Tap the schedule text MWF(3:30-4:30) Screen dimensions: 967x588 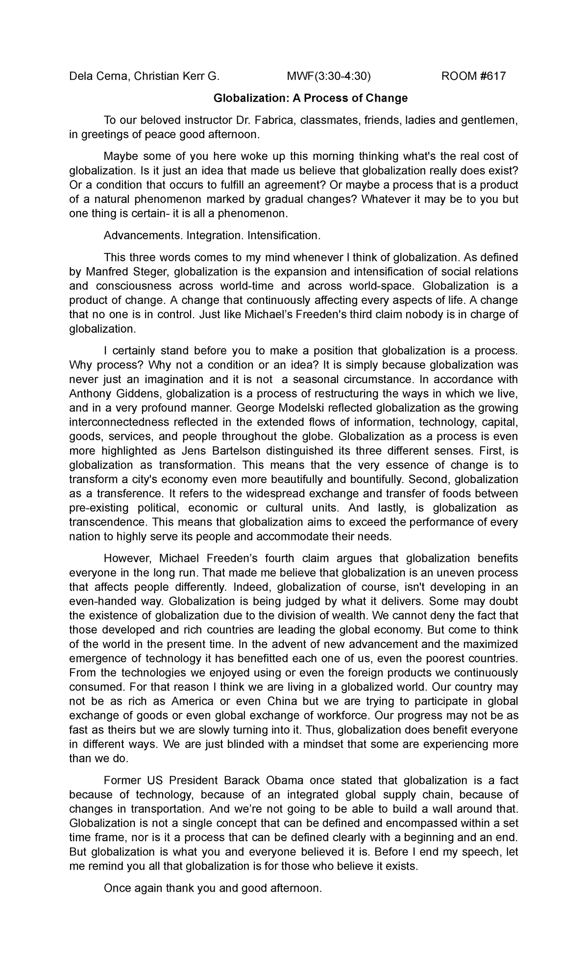click(x=329, y=76)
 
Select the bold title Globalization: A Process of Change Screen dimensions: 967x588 click(x=310, y=98)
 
